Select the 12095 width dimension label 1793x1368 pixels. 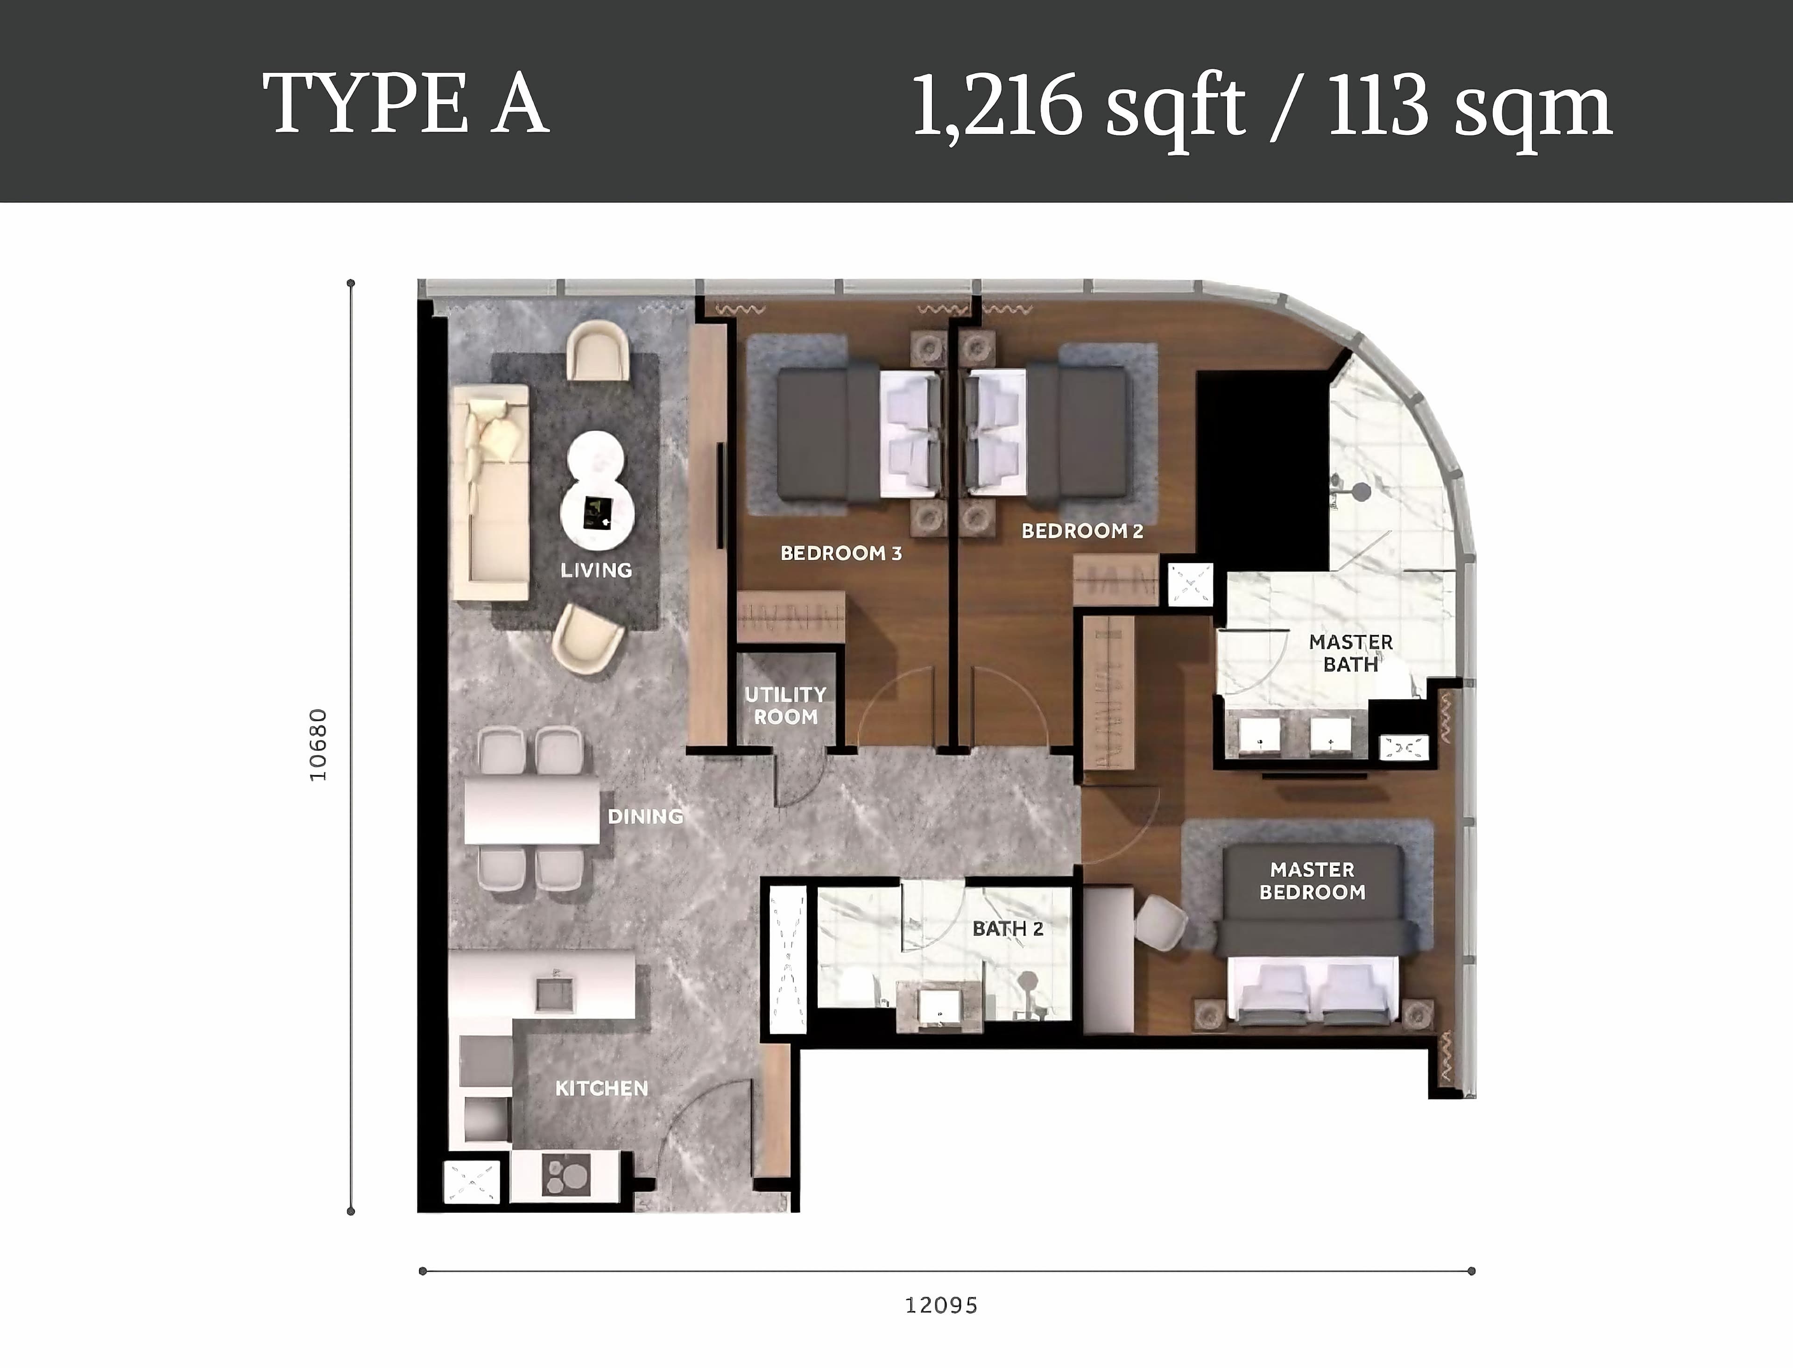coord(941,1305)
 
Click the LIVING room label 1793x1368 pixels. coord(596,570)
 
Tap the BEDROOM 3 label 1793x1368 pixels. coord(841,554)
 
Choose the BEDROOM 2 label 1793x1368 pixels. coord(1082,531)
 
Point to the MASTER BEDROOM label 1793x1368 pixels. coord(1312,881)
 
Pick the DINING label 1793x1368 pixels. coord(645,816)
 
